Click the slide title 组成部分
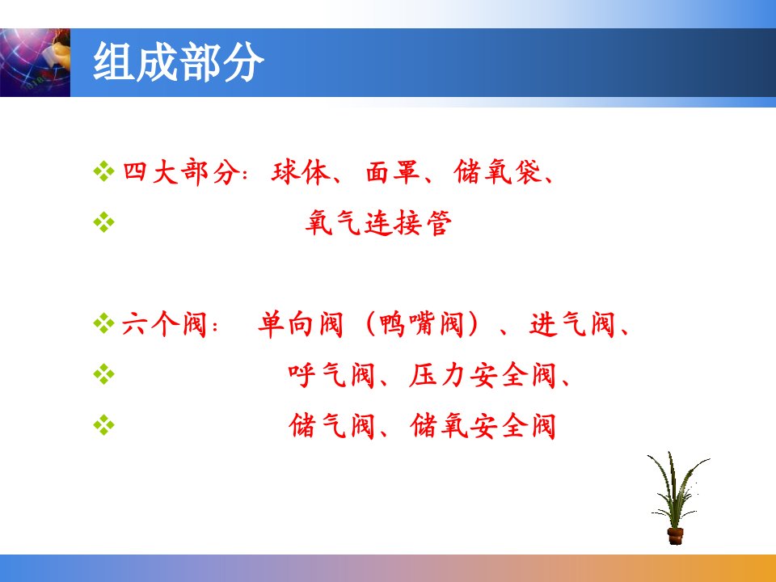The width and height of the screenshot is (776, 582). point(178,62)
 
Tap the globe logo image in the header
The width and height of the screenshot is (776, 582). point(35,62)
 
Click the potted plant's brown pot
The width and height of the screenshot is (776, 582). point(675,536)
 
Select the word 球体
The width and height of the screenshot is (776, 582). point(301,172)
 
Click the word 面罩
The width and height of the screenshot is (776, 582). point(393,172)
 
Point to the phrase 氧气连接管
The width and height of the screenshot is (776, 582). point(378,223)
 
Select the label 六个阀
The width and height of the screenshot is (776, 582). point(164,325)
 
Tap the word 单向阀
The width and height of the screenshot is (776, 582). point(301,325)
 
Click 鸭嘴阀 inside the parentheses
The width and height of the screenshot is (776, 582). point(421,325)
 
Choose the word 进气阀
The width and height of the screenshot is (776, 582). point(572,325)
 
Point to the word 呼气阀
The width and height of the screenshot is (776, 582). point(331,375)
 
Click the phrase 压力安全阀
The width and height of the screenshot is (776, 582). point(483,375)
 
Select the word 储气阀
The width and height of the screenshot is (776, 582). point(331,426)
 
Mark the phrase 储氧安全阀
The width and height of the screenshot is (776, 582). point(483,426)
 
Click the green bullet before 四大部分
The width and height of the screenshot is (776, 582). point(103,171)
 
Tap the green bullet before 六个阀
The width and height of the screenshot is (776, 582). point(103,323)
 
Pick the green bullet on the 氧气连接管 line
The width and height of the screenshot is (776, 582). point(103,222)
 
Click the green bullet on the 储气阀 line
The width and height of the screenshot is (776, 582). point(103,425)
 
